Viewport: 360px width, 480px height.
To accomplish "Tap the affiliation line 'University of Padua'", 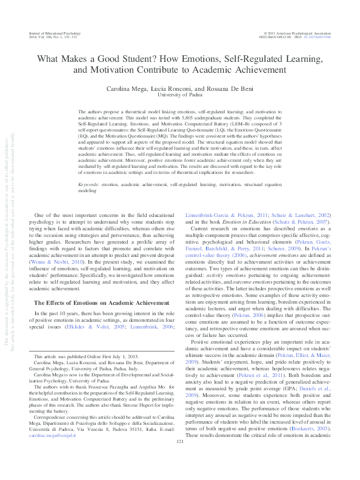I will point(180,95).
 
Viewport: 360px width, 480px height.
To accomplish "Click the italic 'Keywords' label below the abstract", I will point(92,183).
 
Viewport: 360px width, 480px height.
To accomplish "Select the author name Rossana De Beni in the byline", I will point(231,88).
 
